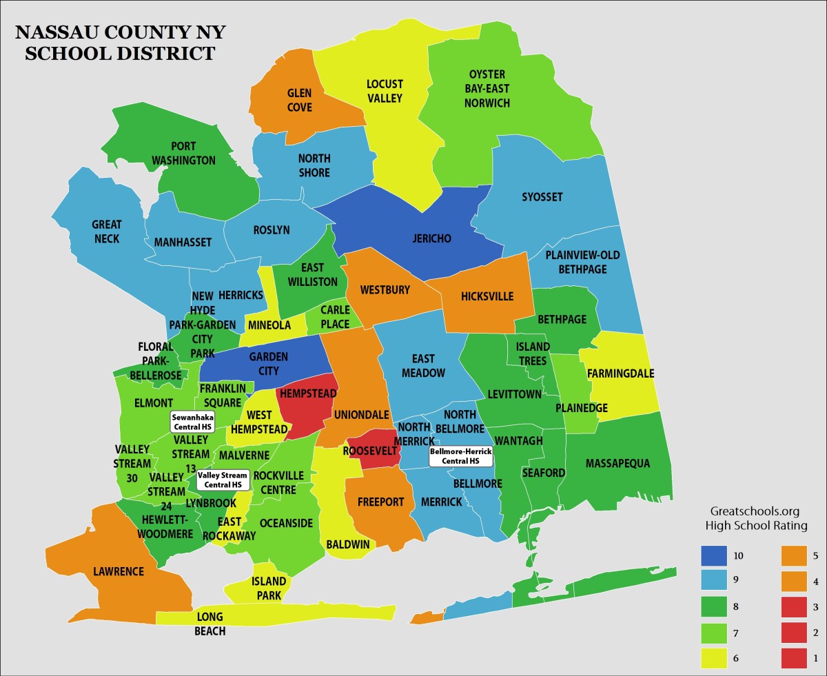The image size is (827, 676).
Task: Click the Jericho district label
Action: pos(431,239)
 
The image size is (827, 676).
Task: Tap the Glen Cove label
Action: pos(300,100)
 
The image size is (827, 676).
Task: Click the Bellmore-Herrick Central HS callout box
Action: pos(461,455)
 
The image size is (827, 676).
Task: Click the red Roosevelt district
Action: pos(371,451)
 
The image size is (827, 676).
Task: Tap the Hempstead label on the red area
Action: pos(307,394)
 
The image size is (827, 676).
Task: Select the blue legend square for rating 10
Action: pos(719,554)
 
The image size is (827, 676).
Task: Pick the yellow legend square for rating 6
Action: pos(719,658)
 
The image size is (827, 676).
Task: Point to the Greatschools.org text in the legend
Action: pos(755,511)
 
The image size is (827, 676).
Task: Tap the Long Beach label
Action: pos(210,623)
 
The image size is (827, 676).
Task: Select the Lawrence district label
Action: pos(119,571)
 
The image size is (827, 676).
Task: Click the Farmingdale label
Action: pos(620,373)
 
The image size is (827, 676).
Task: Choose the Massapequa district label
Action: pos(617,464)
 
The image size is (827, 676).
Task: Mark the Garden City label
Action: pos(269,363)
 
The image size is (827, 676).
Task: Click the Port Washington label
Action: pos(183,153)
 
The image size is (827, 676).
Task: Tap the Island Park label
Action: pos(269,588)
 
